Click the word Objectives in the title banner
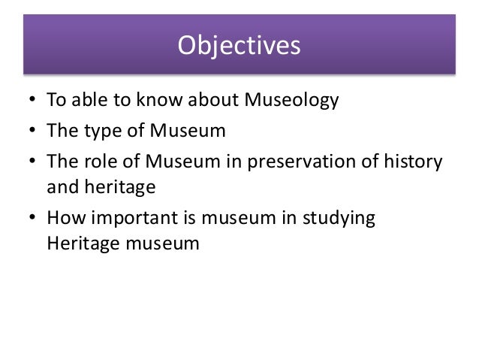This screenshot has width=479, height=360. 239,46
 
